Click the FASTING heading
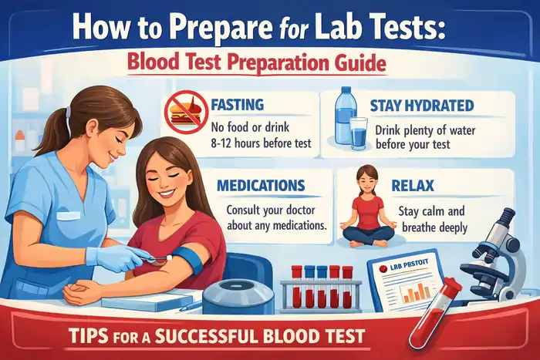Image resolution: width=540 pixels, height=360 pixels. click(x=237, y=104)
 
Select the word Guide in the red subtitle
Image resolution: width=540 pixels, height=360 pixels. click(x=359, y=62)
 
